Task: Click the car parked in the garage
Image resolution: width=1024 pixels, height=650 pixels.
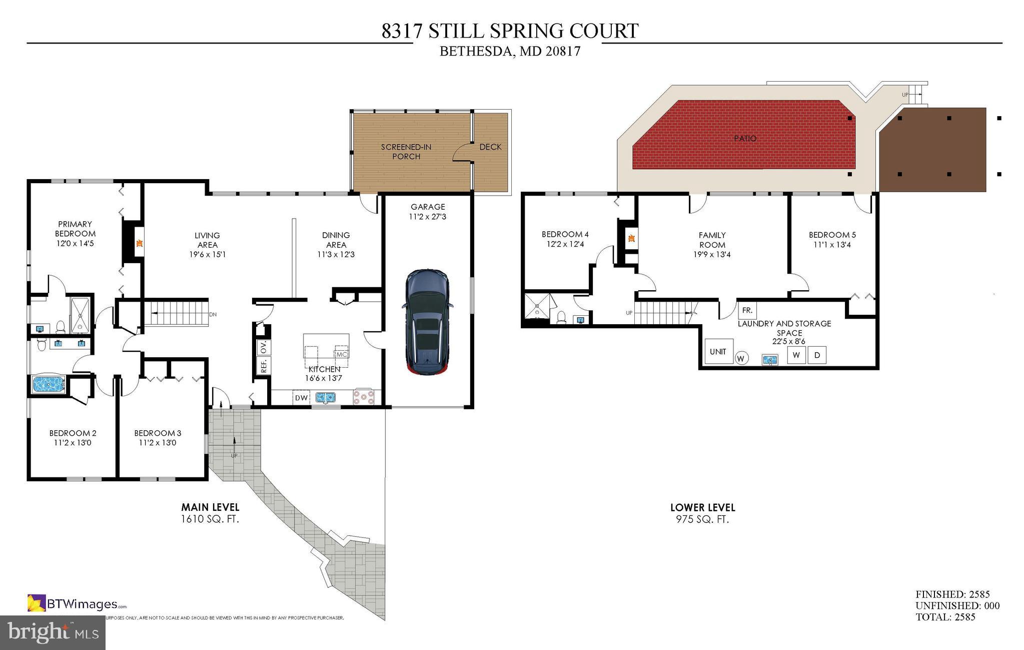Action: tap(427, 322)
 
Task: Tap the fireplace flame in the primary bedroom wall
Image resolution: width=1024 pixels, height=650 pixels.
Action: tap(140, 244)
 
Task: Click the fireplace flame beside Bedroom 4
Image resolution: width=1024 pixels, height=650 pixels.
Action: tap(631, 239)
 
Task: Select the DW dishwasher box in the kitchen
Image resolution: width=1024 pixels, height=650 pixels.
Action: tap(301, 398)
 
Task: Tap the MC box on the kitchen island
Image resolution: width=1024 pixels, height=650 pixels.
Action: tap(342, 354)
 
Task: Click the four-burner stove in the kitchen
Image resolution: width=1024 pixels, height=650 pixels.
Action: tap(364, 397)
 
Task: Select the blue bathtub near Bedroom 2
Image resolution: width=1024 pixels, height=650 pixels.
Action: tap(48, 384)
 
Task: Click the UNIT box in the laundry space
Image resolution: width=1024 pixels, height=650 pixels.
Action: tap(718, 352)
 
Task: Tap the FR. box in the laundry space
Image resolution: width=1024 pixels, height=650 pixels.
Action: tap(747, 310)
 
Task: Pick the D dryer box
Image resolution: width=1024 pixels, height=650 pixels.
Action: tap(817, 355)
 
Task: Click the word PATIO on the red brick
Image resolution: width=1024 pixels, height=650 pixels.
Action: tap(745, 138)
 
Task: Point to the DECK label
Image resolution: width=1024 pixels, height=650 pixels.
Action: tap(490, 147)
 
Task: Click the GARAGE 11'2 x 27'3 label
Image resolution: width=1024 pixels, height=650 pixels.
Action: tap(428, 211)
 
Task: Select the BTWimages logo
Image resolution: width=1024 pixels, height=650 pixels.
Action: tap(77, 603)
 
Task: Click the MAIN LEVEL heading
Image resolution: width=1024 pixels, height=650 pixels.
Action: tap(210, 507)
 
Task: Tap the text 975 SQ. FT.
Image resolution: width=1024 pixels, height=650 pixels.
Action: tap(702, 519)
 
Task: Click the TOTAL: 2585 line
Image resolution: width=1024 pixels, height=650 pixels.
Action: tap(945, 617)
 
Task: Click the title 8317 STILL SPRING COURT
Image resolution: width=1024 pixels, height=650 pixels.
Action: tap(510, 31)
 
